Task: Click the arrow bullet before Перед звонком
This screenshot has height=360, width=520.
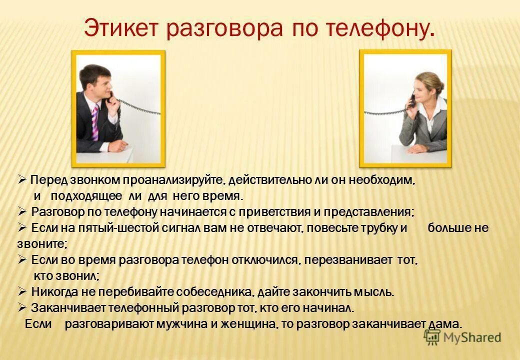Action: pyautogui.click(x=22, y=179)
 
